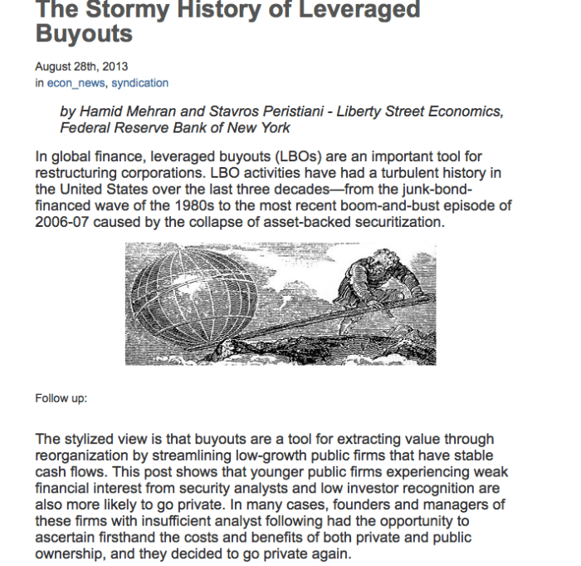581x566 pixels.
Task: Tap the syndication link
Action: coord(140,83)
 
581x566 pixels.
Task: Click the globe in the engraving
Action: coord(187,295)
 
